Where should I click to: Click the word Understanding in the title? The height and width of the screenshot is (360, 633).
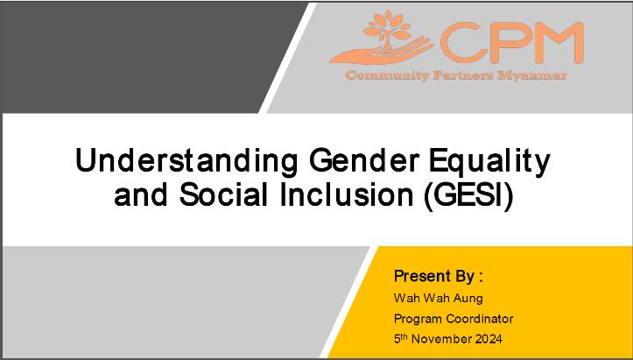(186, 161)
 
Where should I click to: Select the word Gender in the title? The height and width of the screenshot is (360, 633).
(364, 161)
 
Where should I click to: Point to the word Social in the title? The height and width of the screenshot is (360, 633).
(223, 194)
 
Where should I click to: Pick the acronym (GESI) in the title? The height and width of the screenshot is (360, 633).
(468, 195)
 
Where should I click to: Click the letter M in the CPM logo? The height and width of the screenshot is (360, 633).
(559, 42)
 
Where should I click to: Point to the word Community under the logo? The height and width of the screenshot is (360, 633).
(387, 75)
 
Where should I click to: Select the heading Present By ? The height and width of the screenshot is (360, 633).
(439, 277)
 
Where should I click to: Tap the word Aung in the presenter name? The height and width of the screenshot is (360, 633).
(468, 299)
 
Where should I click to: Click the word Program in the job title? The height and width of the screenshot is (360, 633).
(418, 319)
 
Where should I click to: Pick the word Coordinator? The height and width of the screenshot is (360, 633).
(480, 318)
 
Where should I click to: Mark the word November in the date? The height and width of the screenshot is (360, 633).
(441, 339)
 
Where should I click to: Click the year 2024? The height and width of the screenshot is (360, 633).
(489, 339)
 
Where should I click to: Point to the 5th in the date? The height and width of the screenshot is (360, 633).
(401, 339)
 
